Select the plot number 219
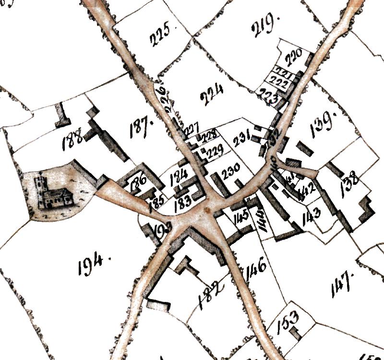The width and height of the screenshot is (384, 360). [x=264, y=22]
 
